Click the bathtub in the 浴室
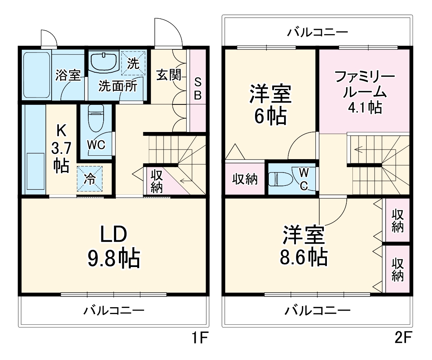tap(37, 75)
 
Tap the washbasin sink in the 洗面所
tap(104, 62)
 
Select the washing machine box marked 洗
tap(133, 63)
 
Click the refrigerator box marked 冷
tap(90, 179)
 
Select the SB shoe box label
tap(198, 89)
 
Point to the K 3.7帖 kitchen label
tap(61, 148)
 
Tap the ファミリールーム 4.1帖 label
tap(364, 92)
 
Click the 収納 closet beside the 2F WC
tap(245, 179)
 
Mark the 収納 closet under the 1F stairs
tap(156, 181)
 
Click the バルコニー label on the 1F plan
tap(114, 310)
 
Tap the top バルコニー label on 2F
tap(318, 32)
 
